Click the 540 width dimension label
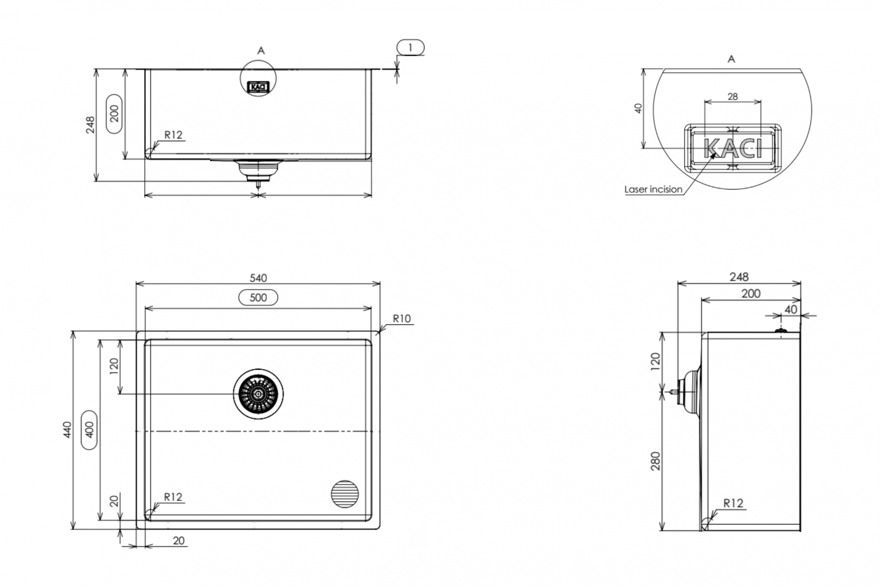click(x=258, y=278)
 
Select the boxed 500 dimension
click(x=258, y=298)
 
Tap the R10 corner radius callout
click(x=402, y=319)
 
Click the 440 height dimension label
click(x=67, y=429)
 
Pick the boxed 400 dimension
click(x=90, y=429)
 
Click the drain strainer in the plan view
click(x=258, y=394)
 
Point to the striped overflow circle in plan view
click(x=345, y=494)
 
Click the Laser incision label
click(x=654, y=189)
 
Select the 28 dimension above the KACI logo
click(x=733, y=97)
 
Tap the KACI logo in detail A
click(x=733, y=148)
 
